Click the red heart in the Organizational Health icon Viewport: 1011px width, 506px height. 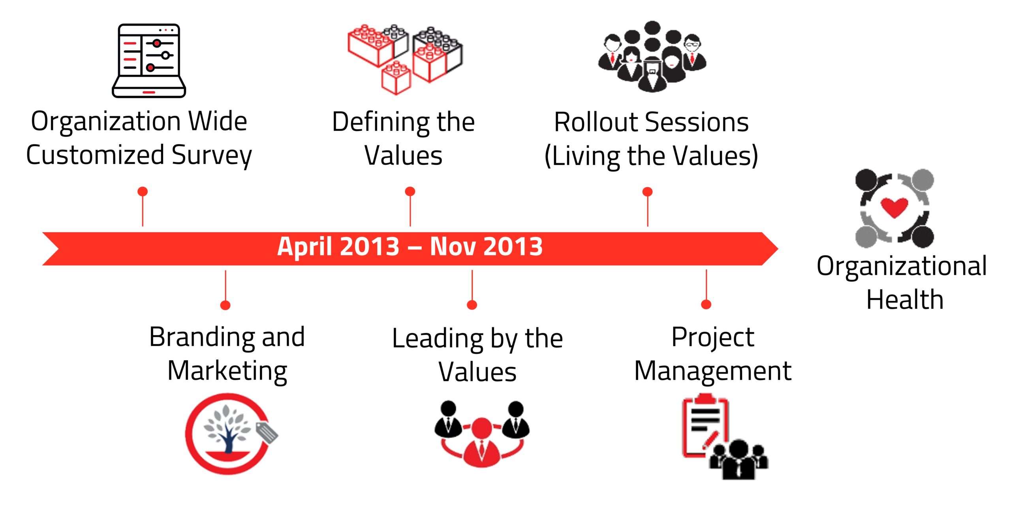(894, 207)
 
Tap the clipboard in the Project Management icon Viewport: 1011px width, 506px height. (705, 427)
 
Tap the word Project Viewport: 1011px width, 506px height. (713, 338)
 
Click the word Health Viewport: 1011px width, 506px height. (905, 299)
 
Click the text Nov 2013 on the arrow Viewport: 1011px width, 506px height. (486, 247)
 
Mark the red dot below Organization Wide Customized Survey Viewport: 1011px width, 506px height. (143, 192)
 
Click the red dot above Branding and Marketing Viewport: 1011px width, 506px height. (226, 305)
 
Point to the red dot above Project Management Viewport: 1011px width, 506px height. (706, 304)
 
